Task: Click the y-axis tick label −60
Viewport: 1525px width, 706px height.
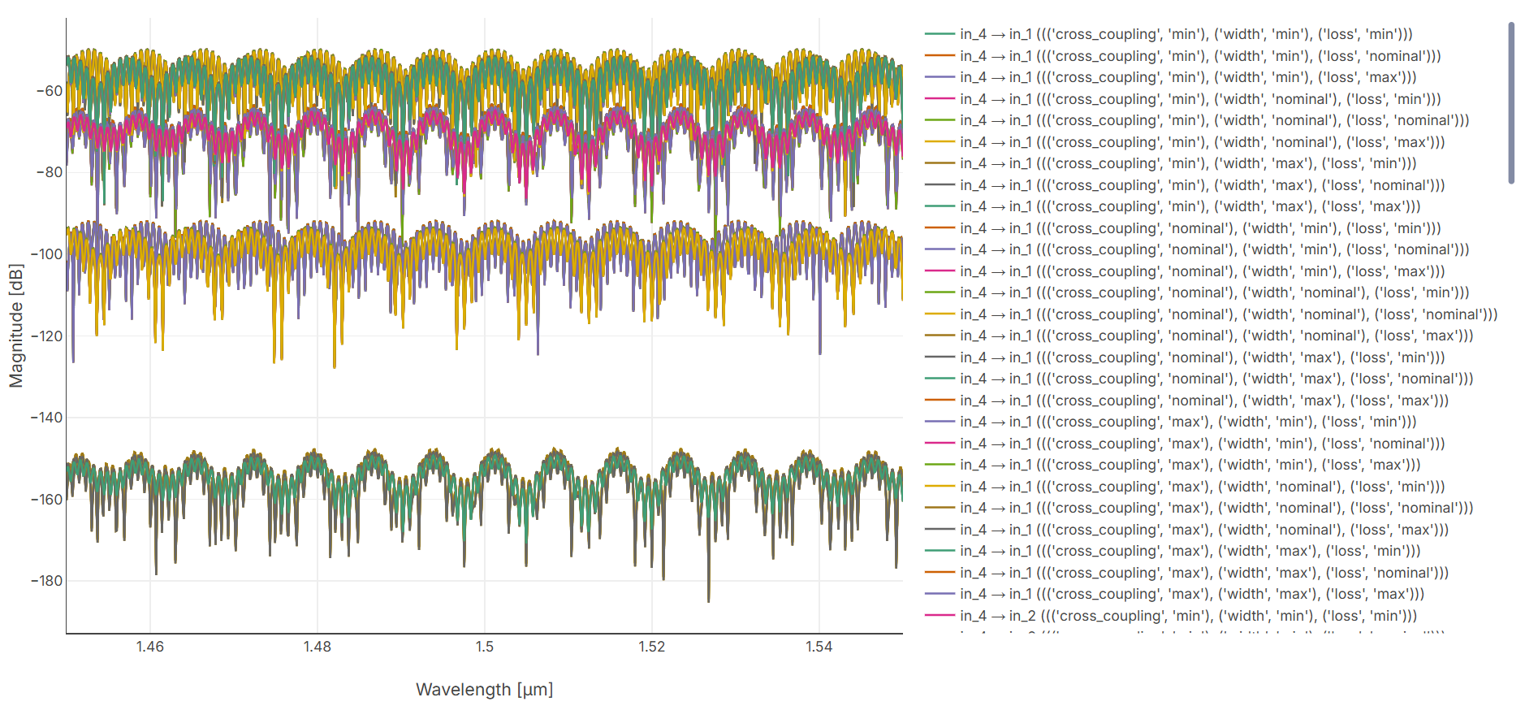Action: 50,91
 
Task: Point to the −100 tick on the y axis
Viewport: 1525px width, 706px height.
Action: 47,254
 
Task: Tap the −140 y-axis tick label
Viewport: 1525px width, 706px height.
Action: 47,418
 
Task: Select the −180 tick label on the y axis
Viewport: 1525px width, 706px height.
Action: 47,581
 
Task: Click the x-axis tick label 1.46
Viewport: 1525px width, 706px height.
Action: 149,647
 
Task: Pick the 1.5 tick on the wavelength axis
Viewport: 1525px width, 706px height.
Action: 485,647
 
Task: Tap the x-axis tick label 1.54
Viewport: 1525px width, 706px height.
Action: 819,647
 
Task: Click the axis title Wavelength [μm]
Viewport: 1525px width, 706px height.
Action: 484,690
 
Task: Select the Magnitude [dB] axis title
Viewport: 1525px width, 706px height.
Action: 16,326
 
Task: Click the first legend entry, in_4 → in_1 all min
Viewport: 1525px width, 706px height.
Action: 1186,34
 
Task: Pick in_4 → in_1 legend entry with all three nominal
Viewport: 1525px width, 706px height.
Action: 1228,314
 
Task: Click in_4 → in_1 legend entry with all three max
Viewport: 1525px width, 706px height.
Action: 1191,594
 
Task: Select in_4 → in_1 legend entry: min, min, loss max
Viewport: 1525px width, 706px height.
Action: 1188,77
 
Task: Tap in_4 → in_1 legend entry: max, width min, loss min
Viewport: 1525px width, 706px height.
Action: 1188,422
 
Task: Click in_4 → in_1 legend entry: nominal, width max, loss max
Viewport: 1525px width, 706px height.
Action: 1203,401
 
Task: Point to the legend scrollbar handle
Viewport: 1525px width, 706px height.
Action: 1511,103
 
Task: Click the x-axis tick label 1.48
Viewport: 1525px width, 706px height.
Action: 317,647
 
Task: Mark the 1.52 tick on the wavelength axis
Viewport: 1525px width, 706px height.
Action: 651,647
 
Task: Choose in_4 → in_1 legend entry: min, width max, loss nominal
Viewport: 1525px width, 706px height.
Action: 1202,185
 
